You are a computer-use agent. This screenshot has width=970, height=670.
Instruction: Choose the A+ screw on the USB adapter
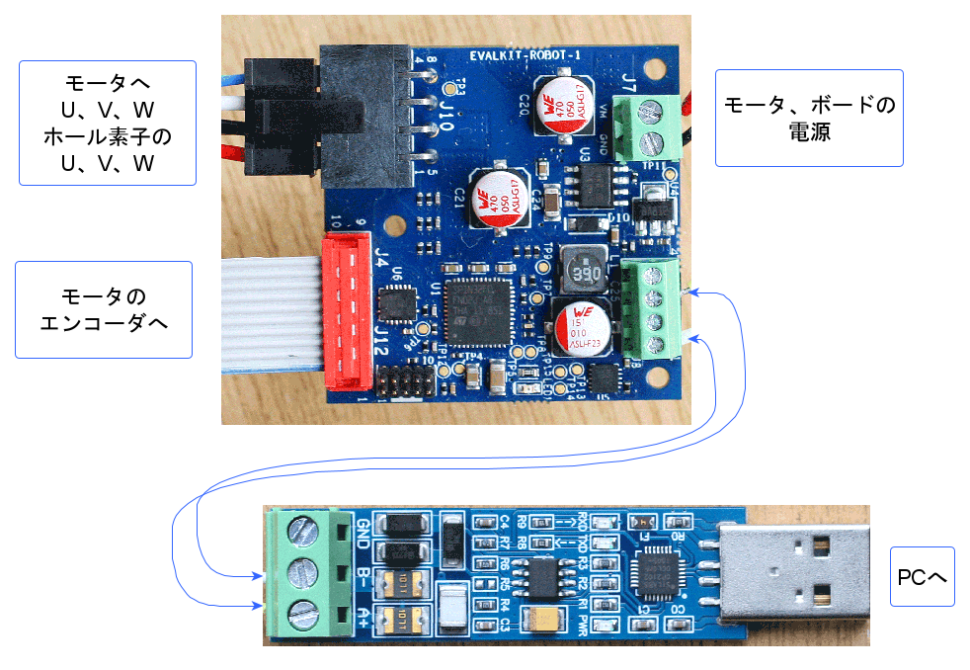[x=303, y=614]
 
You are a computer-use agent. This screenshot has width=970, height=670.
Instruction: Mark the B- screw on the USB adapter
[x=303, y=573]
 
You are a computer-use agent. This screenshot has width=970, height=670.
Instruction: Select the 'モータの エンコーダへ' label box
[x=103, y=309]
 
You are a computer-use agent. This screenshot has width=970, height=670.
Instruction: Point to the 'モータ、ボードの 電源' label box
[x=809, y=117]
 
